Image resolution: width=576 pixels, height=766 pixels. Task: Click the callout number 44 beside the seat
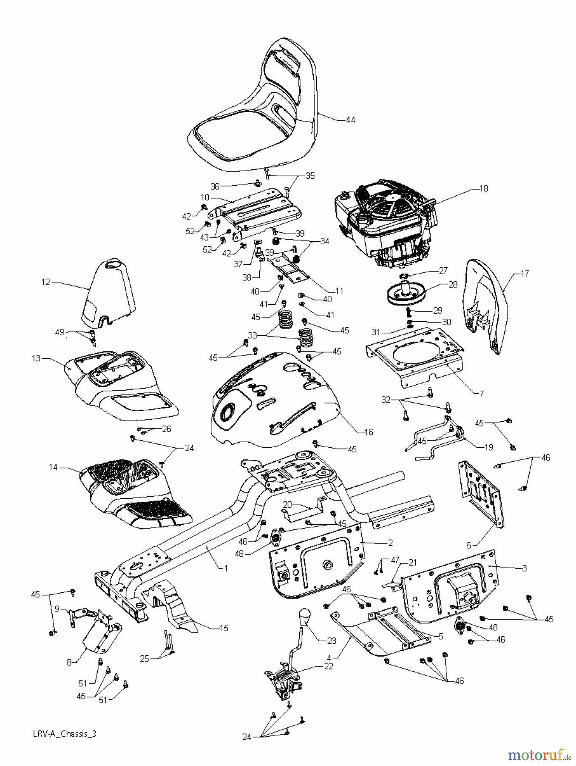coord(350,120)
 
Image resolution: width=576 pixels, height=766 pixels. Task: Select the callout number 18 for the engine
coord(483,188)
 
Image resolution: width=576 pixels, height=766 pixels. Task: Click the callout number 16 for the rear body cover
coord(369,432)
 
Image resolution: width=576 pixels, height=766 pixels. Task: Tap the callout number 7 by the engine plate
coord(481,394)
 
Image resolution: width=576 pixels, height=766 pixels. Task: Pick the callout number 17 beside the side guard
coord(525,274)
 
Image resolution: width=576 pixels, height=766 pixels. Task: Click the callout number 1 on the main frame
coord(226,568)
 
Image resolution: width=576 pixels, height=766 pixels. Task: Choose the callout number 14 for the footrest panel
coord(53,467)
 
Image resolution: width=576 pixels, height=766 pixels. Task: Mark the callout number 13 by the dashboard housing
coord(36,358)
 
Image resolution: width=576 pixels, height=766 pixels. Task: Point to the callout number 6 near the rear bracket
coord(468,545)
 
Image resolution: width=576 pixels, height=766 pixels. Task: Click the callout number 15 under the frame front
coord(224,628)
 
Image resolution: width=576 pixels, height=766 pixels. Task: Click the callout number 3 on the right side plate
coord(524,568)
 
